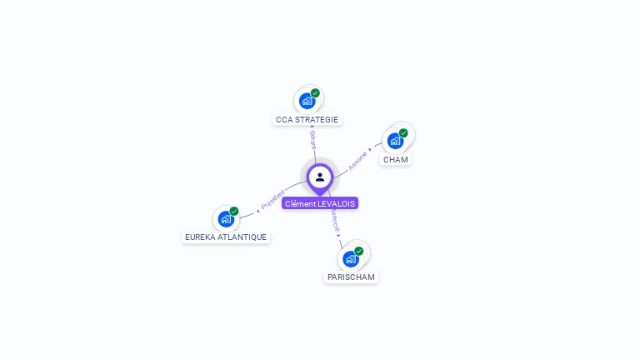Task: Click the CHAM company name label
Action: coord(396,159)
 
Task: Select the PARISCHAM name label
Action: coord(351,277)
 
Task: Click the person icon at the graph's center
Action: coord(320,177)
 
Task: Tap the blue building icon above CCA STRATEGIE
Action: coord(307,101)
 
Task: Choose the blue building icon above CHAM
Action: coord(395,140)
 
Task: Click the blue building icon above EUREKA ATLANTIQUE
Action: coord(225,219)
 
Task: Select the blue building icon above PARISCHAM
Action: coord(350,258)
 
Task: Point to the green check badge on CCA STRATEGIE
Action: coord(315,93)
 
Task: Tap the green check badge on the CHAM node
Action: coord(403,132)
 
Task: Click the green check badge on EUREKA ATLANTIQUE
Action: coord(234,211)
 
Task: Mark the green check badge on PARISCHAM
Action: coord(358,251)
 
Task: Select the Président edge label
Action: coord(272,200)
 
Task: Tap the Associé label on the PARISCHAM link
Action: coord(334,221)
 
